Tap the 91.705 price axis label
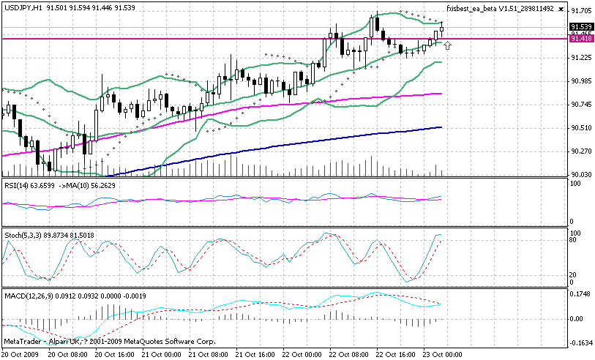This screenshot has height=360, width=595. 581,11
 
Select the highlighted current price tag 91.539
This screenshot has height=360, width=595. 581,26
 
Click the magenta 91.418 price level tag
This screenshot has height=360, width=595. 581,39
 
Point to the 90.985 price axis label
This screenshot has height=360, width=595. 581,81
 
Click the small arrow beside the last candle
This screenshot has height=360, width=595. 447,46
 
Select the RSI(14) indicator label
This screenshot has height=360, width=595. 18,186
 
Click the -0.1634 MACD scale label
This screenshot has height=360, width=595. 581,342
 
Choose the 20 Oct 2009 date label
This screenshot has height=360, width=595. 22,354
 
